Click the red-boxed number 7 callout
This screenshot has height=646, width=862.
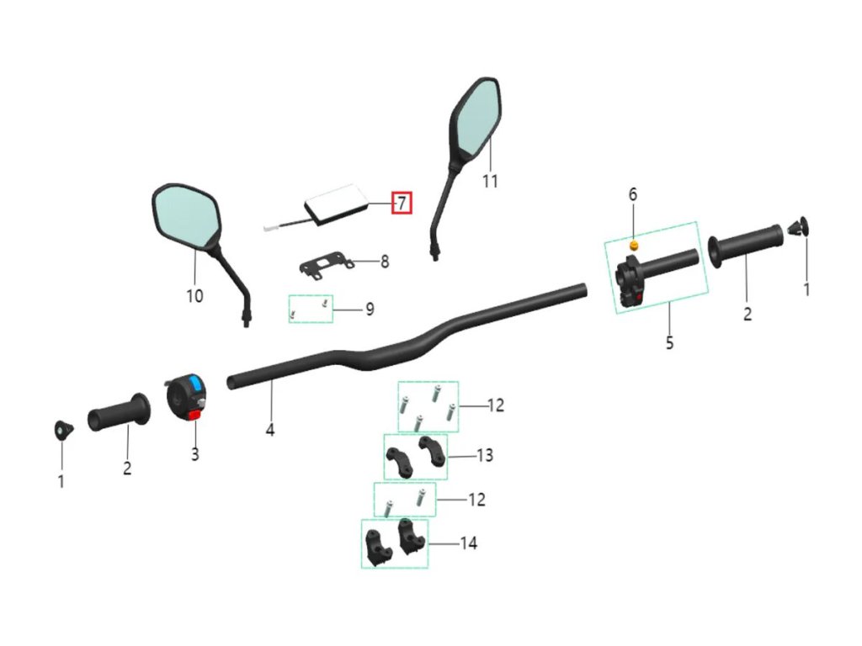coord(402,203)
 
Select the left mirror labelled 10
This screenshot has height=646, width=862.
coord(187,215)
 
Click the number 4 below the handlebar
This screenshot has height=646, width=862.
coord(270,430)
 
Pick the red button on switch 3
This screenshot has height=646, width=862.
coord(194,414)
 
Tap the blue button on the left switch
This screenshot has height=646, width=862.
coord(195,385)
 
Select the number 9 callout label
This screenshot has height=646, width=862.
coord(370,310)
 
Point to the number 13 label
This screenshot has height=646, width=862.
coord(484,456)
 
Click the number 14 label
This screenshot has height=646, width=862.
coord(468,543)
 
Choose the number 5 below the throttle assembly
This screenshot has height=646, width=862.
coord(669,343)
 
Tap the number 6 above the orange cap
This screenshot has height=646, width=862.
coord(633,194)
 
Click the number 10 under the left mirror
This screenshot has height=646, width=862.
coord(194,296)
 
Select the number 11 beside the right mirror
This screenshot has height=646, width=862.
coord(490,181)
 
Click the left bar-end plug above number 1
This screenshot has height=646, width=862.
coord(61,429)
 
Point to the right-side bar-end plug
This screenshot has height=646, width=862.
coord(797,226)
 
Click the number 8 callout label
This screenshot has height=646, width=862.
coord(385,262)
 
